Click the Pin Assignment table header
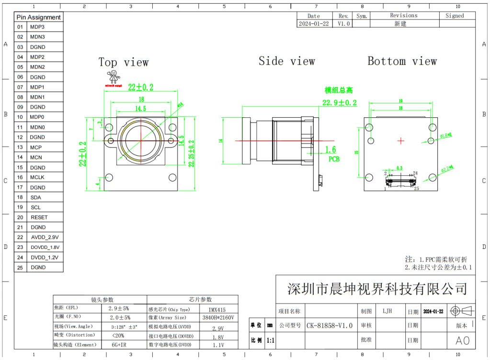click(39, 17)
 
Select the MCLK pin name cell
click(37, 177)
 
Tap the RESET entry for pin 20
click(39, 217)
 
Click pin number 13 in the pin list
click(20, 147)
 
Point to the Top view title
click(124, 62)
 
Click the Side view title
click(286, 61)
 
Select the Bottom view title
click(402, 61)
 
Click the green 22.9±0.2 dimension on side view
click(339, 103)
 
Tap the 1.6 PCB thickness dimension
click(330, 150)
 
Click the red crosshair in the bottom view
click(401, 140)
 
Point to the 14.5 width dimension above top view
click(140, 109)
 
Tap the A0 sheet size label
click(463, 340)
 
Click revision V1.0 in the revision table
click(343, 23)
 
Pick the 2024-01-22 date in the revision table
click(314, 23)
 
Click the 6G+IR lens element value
click(119, 345)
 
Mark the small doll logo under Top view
click(114, 78)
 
